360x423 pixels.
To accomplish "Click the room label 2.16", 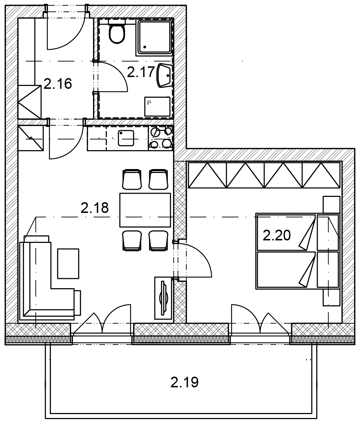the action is pyautogui.click(x=58, y=83).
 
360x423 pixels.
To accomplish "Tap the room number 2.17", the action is pyautogui.click(x=141, y=72).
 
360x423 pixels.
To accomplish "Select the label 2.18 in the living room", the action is pyautogui.click(x=95, y=208).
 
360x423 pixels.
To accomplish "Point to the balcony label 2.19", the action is pyautogui.click(x=184, y=382).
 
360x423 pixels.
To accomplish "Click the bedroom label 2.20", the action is pyautogui.click(x=277, y=235).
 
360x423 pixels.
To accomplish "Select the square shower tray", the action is pyautogui.click(x=155, y=37).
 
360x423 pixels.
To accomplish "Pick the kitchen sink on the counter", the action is pyautogui.click(x=126, y=138).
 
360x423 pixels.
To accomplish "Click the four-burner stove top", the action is pyautogui.click(x=161, y=138).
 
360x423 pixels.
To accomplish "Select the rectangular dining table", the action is pyautogui.click(x=145, y=210).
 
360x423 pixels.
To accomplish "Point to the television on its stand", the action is pyautogui.click(x=163, y=298).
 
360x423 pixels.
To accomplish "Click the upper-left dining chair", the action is pyautogui.click(x=132, y=179).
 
